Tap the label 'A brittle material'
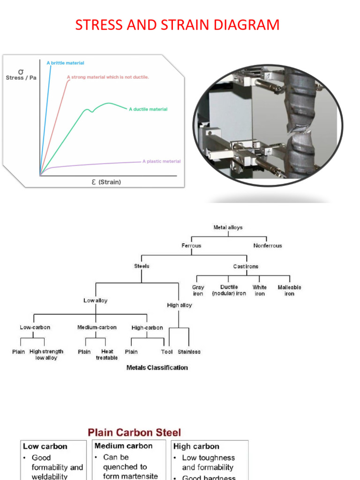(65, 63)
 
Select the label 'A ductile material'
(148, 109)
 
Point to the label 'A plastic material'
(161, 161)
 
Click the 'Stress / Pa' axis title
(21, 78)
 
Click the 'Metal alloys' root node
(228, 227)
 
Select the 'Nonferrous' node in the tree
(268, 246)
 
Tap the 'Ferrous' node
(191, 246)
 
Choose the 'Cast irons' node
(246, 266)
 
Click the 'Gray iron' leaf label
(198, 290)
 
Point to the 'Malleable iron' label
(289, 290)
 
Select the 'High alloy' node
(180, 305)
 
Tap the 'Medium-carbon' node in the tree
(97, 327)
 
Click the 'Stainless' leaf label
(189, 352)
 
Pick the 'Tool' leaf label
(167, 352)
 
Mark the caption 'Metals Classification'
(157, 367)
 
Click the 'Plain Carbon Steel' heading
(135, 432)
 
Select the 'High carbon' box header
(196, 447)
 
